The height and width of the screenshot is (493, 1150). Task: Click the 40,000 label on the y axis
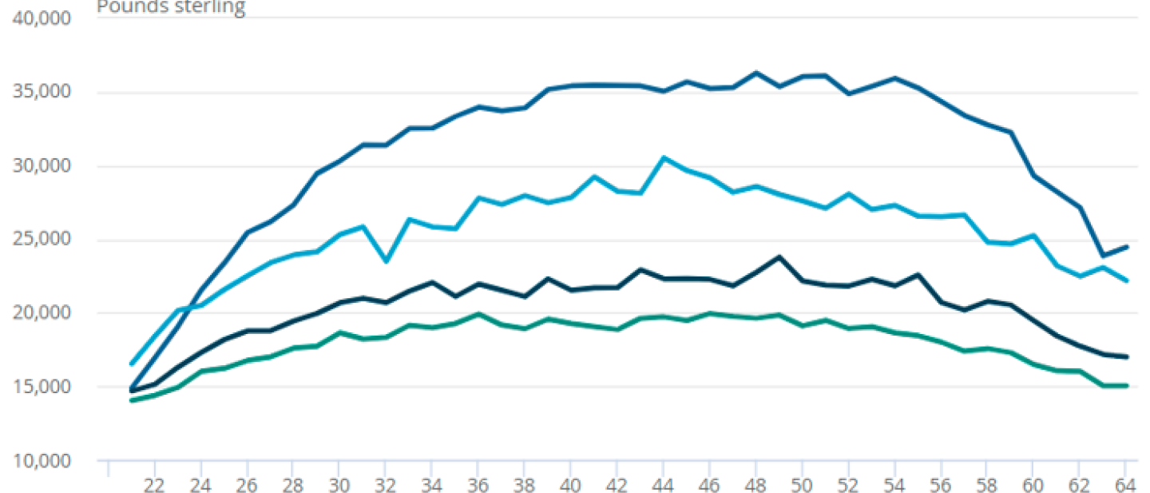(x=42, y=18)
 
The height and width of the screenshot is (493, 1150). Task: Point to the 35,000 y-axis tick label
(x=42, y=92)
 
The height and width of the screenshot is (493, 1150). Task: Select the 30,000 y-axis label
(x=42, y=166)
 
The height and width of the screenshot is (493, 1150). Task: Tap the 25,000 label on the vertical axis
(x=42, y=240)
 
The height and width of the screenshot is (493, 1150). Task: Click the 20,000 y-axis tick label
(x=42, y=313)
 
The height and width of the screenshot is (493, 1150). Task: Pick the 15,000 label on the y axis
(x=42, y=388)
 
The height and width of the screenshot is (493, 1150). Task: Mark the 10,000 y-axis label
(x=42, y=461)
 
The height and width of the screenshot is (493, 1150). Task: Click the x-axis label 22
(x=154, y=483)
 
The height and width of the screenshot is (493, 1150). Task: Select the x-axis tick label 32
(x=385, y=483)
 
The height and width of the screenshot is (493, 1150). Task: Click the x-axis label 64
(x=1124, y=483)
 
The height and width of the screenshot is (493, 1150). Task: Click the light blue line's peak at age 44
(x=663, y=157)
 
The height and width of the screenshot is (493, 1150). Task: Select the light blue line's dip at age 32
(x=385, y=261)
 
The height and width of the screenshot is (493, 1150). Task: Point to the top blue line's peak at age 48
(x=755, y=73)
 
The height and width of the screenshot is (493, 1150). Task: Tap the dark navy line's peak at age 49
(x=779, y=257)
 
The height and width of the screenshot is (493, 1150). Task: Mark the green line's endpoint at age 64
(x=1125, y=386)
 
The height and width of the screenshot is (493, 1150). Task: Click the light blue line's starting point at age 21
(x=131, y=364)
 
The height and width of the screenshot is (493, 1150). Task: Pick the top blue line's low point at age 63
(x=1103, y=256)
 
